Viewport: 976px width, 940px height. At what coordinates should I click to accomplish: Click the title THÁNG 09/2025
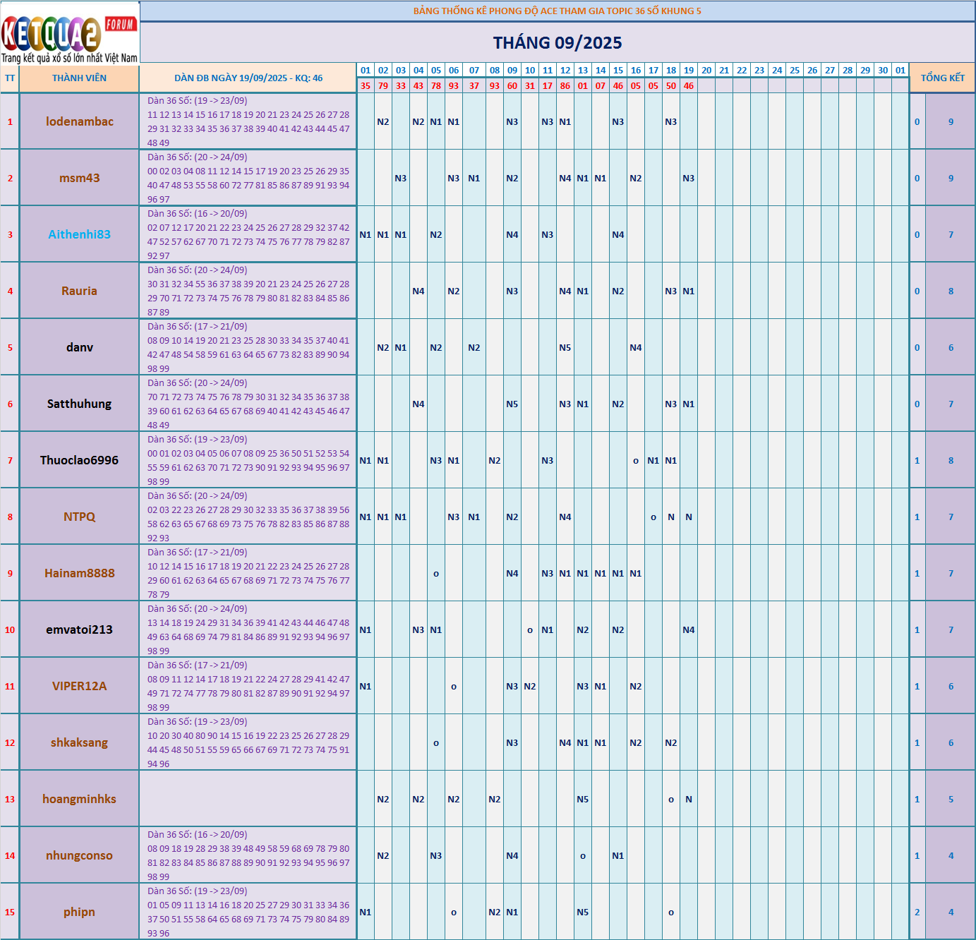tap(558, 43)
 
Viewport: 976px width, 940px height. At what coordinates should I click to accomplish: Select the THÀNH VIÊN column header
tap(79, 78)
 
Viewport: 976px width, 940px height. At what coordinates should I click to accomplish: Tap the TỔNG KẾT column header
tap(942, 78)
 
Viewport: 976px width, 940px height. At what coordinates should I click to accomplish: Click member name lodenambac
tap(79, 121)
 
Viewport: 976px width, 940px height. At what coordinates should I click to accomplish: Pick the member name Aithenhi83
tap(79, 234)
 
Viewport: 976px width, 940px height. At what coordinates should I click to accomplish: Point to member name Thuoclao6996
tap(79, 460)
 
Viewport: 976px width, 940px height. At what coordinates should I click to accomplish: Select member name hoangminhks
tap(79, 799)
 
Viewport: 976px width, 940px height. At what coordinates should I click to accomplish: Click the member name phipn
tap(79, 912)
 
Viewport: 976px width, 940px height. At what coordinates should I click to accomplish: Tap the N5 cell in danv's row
tap(565, 348)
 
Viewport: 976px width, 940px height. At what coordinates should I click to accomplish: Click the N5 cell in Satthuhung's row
tap(512, 404)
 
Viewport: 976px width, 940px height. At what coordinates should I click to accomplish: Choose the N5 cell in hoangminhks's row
tap(583, 800)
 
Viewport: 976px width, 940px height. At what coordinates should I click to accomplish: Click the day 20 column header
tap(706, 71)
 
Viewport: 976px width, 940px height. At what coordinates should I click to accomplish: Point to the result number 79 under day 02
tap(383, 86)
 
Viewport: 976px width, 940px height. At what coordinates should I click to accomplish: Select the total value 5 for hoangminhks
tap(951, 800)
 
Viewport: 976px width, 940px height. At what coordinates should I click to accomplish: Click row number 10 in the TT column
tap(10, 630)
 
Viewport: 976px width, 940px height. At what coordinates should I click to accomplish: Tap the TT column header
tap(10, 78)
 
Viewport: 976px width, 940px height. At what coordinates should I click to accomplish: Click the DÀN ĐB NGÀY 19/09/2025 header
tap(248, 78)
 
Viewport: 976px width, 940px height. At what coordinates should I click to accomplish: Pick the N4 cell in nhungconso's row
tap(512, 856)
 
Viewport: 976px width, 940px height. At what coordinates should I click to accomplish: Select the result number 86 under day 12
tap(565, 86)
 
